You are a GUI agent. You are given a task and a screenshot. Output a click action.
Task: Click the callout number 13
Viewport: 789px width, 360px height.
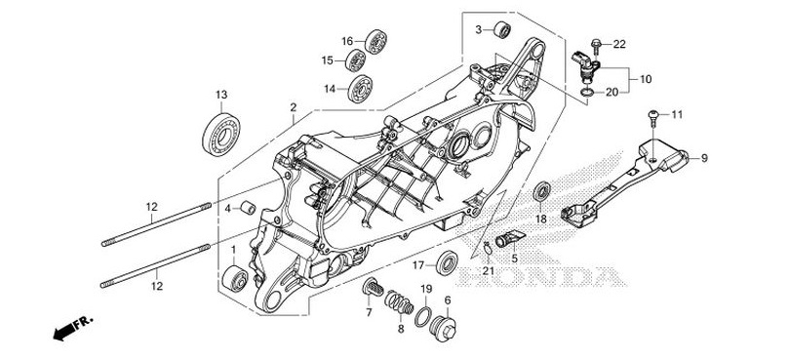221,94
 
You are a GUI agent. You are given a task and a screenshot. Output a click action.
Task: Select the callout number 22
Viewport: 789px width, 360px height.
619,44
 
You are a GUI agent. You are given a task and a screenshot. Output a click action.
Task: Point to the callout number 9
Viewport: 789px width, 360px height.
704,157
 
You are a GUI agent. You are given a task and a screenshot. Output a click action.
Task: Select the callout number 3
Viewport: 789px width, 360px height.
479,30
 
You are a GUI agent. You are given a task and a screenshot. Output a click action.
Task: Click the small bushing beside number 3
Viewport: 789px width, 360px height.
501,29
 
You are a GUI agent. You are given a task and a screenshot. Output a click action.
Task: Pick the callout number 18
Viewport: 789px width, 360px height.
539,220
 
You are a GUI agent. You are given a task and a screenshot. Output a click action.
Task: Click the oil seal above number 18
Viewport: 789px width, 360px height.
540,192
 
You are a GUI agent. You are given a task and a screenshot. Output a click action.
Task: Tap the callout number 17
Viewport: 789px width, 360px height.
416,264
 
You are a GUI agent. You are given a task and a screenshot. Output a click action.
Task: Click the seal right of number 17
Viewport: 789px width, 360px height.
450,262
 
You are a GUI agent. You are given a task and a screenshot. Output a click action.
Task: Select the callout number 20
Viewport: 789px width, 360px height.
611,93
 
